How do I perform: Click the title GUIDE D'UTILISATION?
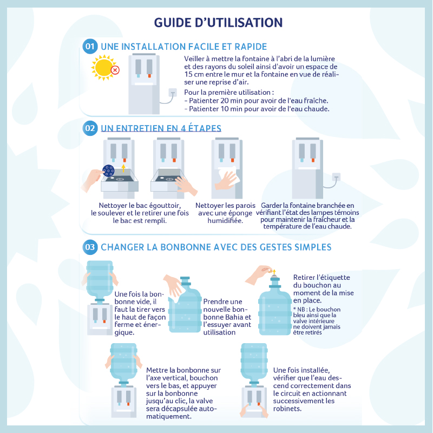click(x=218, y=23)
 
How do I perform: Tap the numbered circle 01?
click(x=90, y=46)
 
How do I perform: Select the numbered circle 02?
click(x=90, y=128)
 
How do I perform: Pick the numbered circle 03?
click(x=90, y=247)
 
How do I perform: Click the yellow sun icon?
click(x=104, y=68)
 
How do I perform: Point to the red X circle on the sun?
click(x=115, y=70)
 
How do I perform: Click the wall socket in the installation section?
click(x=173, y=92)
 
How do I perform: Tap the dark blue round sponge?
click(x=108, y=170)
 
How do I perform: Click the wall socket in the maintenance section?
click(x=336, y=177)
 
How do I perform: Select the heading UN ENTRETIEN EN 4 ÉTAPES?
click(x=161, y=128)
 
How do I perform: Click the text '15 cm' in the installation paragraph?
click(x=193, y=74)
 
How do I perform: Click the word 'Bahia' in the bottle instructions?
click(x=234, y=317)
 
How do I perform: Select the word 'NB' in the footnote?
click(x=301, y=310)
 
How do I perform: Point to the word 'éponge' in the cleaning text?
click(x=239, y=213)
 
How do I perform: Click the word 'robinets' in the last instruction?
click(x=287, y=409)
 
